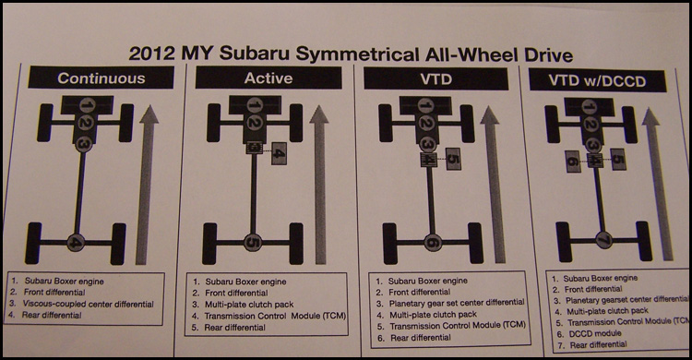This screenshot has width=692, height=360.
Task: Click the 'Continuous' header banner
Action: pos(101,78)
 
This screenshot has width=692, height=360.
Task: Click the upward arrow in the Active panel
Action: pos(319,185)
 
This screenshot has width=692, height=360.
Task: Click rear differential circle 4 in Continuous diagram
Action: pos(78,244)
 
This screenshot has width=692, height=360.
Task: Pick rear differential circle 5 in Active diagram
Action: pos(256,244)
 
